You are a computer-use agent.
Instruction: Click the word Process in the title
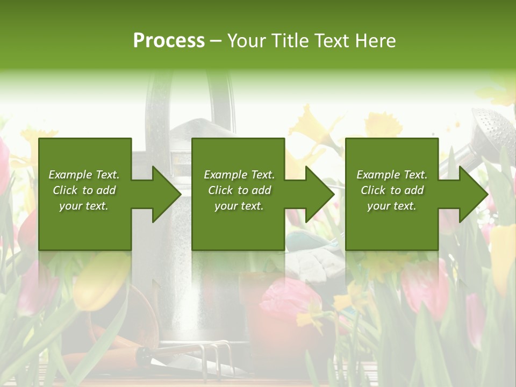169,41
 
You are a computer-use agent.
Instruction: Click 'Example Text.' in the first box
84,175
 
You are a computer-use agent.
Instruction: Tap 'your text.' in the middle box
239,206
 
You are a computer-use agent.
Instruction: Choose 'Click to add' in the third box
392,190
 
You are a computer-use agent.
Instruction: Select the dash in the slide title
216,41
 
